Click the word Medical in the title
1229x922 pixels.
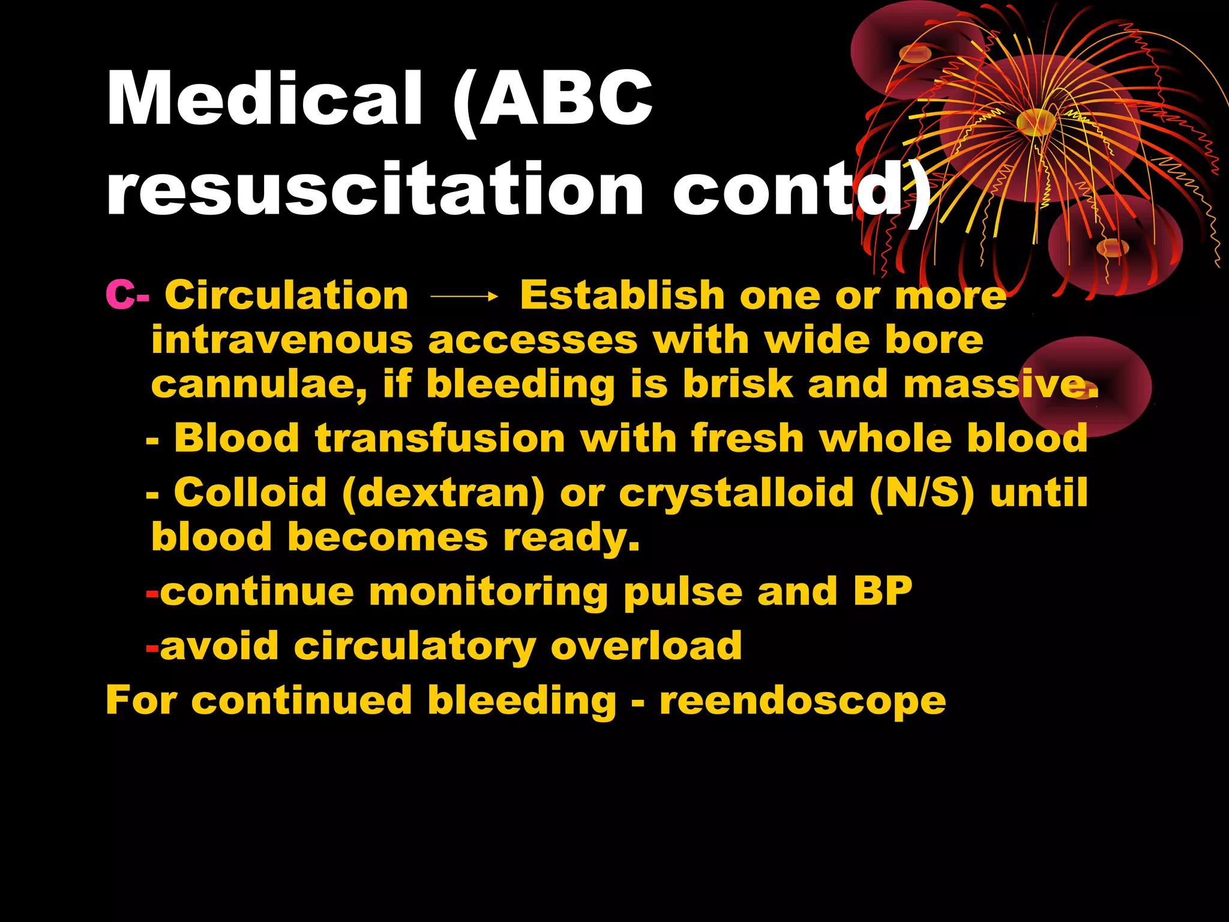click(x=264, y=98)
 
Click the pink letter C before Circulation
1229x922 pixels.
click(x=119, y=295)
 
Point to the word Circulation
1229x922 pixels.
click(x=286, y=295)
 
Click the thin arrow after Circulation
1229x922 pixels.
click(x=464, y=296)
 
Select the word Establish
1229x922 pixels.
click(x=622, y=295)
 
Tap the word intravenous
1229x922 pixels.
click(x=282, y=340)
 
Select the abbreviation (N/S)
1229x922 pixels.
click(x=921, y=493)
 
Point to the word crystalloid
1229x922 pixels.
click(x=736, y=493)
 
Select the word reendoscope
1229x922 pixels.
click(x=802, y=701)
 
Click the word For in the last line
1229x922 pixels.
click(x=140, y=700)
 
